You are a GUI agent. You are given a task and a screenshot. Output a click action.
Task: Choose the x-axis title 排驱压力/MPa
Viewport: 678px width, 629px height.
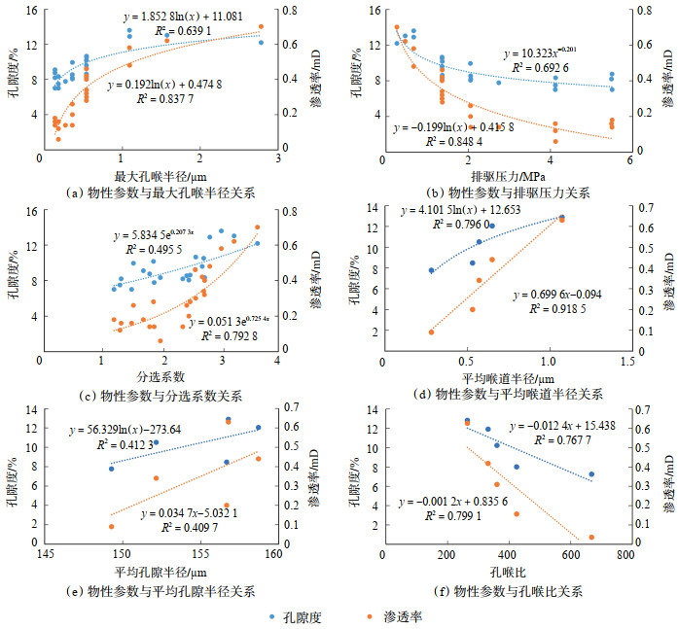(504, 176)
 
